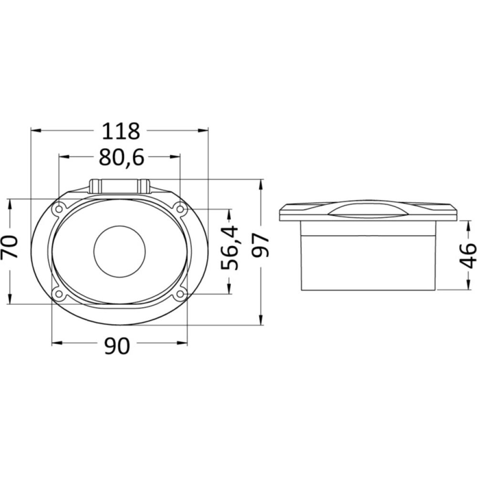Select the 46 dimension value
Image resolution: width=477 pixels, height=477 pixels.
468,255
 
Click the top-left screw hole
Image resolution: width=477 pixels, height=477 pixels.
60,209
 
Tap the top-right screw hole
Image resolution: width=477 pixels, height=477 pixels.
180,208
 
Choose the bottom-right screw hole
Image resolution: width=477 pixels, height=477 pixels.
180,294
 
